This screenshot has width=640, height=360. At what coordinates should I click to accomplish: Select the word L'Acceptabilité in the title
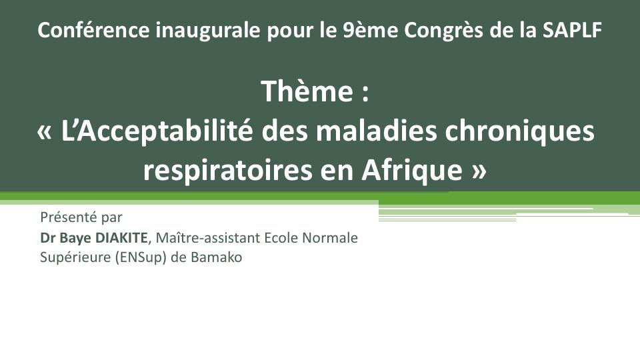pos(157,131)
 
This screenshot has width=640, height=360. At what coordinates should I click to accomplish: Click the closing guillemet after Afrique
pos(479,171)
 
